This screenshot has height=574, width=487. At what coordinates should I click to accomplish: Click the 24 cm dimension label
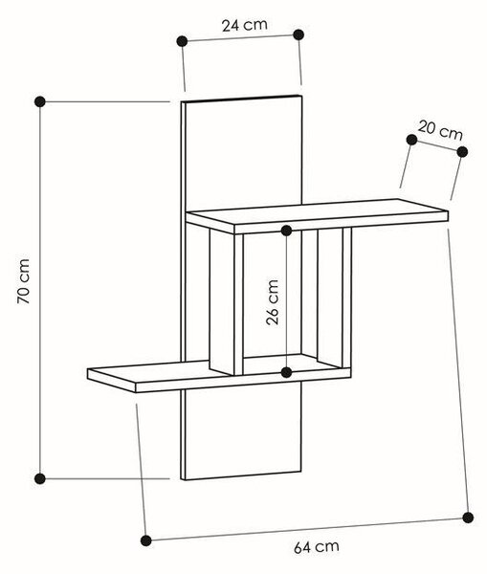tap(245, 25)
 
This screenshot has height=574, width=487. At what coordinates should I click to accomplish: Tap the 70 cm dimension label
tap(24, 281)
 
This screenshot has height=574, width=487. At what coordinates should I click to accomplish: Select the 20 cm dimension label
tap(440, 131)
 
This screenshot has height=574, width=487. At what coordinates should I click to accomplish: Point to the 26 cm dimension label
tap(273, 302)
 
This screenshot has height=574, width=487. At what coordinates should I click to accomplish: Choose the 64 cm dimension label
tap(317, 547)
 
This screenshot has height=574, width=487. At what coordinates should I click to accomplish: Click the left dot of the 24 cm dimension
tap(182, 41)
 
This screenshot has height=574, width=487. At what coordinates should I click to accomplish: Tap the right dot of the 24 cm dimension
tap(299, 34)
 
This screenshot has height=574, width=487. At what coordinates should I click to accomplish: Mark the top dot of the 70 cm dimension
tap(40, 101)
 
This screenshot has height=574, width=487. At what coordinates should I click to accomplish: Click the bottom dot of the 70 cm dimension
tap(40, 478)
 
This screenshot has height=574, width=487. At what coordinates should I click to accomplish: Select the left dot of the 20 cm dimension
tap(412, 140)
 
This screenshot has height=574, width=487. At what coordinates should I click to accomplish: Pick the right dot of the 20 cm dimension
tap(462, 151)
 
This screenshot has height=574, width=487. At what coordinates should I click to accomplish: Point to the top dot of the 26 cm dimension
tap(287, 231)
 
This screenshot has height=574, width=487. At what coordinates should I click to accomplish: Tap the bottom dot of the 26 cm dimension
tap(287, 373)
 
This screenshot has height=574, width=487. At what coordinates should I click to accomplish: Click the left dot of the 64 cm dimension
tap(146, 541)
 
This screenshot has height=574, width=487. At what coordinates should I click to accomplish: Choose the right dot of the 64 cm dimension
tap(468, 518)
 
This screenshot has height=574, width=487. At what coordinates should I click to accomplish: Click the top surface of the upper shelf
tap(317, 211)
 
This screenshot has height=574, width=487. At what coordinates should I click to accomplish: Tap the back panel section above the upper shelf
tap(243, 153)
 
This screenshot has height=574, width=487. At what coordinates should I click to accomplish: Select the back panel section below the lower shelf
tap(242, 433)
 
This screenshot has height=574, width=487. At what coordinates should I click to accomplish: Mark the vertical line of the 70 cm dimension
tap(40, 290)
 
